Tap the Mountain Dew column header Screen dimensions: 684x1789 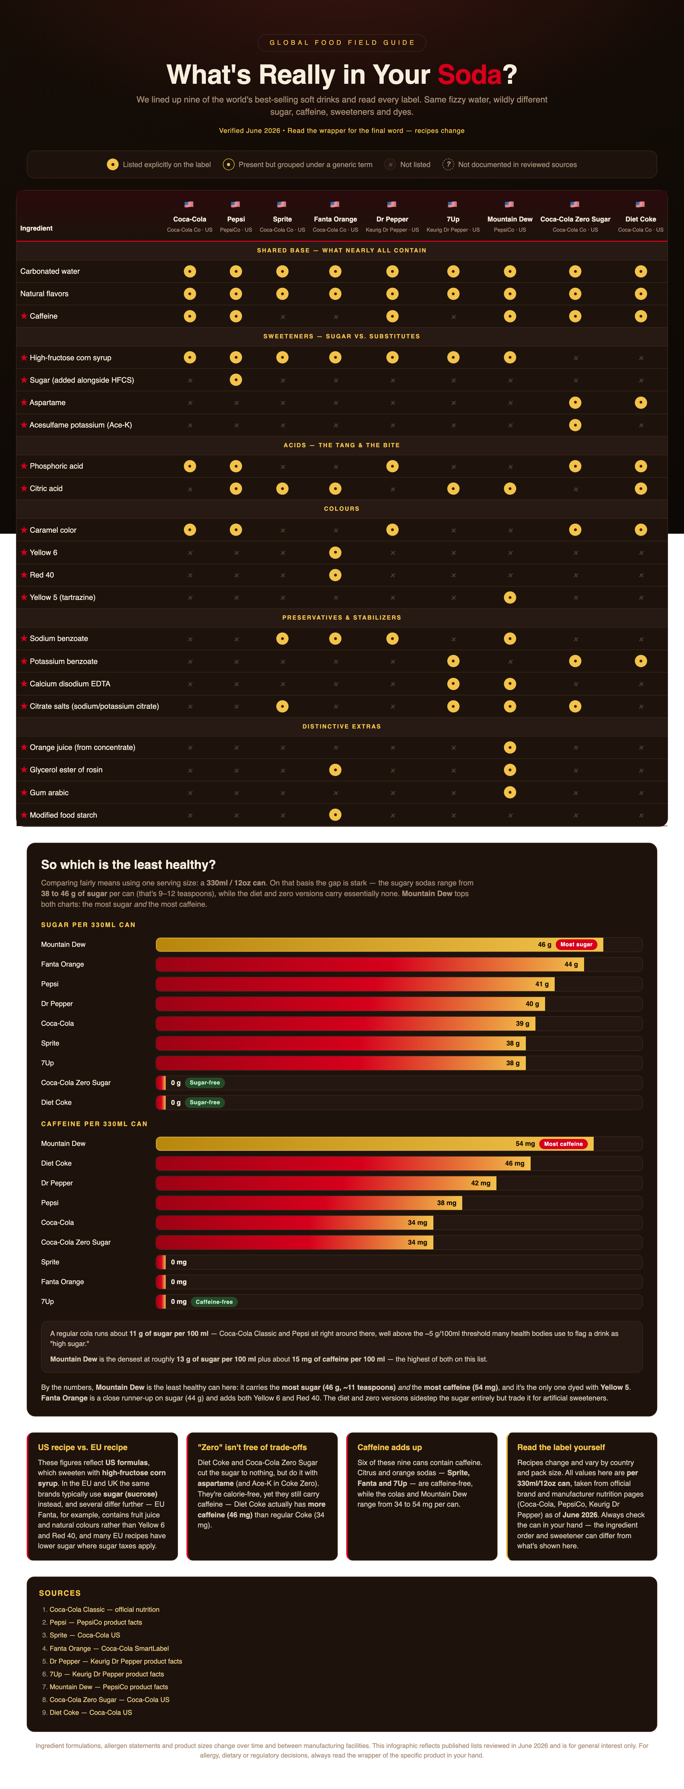click(510, 219)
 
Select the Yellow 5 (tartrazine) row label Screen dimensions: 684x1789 click(63, 597)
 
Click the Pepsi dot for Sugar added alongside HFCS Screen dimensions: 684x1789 click(236, 380)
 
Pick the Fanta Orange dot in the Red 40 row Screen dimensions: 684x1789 click(335, 575)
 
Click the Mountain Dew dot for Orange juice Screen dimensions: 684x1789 click(510, 747)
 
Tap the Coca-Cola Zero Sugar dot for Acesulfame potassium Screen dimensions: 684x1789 click(575, 425)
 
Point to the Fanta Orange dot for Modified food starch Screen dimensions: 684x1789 click(335, 815)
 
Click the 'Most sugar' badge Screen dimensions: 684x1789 click(576, 944)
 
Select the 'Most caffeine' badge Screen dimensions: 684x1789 click(563, 1144)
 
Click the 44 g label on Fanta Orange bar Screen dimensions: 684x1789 click(571, 964)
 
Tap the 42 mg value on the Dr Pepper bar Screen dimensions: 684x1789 click(480, 1183)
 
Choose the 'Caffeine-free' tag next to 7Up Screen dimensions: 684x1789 click(214, 1301)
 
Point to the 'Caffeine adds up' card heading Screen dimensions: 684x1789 click(389, 1447)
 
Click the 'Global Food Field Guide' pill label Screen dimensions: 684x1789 click(342, 42)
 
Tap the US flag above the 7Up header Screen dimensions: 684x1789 click(453, 204)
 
